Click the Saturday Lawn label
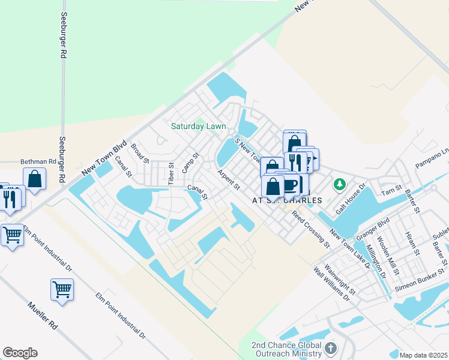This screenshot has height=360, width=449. coord(198,126)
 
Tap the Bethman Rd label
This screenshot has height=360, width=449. coord(38,162)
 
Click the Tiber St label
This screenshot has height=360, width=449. coord(171,173)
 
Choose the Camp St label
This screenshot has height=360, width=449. coord(190,163)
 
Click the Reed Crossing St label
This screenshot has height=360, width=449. coord(311,229)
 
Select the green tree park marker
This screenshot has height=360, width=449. coord(339,183)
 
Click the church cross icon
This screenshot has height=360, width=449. coord(330,349)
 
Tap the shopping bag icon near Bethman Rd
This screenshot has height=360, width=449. coord(35,178)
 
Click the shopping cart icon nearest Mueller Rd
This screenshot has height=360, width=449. coord(62,290)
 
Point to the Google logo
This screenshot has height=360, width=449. coord(20,353)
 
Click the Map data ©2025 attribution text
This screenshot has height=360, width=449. coord(423,355)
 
